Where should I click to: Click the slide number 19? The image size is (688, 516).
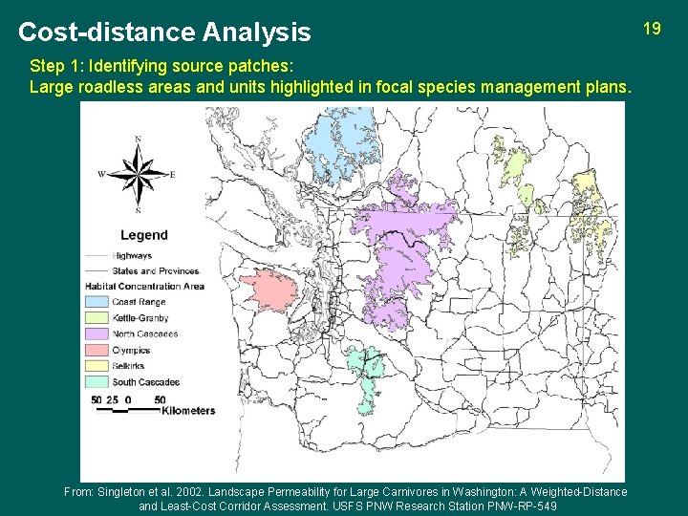(652, 29)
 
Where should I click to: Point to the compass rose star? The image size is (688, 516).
(139, 174)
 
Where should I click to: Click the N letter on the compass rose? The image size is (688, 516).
(139, 140)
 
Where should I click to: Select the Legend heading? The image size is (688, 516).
(144, 235)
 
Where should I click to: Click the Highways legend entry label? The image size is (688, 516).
(132, 256)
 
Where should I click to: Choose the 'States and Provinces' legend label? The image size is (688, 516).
(156, 271)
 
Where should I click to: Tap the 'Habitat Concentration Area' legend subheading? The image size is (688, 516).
(144, 286)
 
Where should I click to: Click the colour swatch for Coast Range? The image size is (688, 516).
(97, 302)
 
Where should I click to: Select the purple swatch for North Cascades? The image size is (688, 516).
(97, 334)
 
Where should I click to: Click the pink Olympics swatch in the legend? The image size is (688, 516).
(97, 350)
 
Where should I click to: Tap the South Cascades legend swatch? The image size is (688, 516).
(97, 382)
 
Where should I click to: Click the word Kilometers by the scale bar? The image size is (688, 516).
(189, 411)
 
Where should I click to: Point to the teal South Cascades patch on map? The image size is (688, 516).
(365, 378)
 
